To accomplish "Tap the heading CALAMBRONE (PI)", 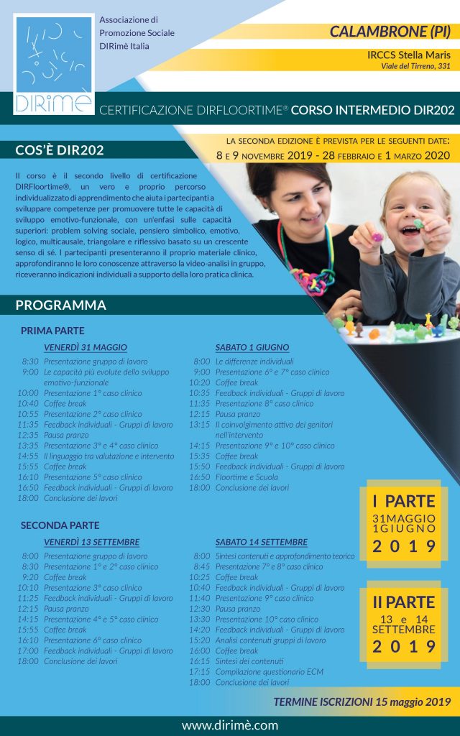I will tap(390, 32).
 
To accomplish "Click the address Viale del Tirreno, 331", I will tap(415, 66).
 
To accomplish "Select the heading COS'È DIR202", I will tap(60, 150).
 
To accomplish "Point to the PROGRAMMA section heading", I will tap(60, 305).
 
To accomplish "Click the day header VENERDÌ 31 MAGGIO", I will tap(86, 347).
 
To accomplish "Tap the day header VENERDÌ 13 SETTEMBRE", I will tap(91, 542).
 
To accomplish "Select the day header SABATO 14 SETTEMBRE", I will tap(261, 542).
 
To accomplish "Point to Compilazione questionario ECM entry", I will tap(270, 671).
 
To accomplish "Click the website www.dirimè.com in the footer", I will tap(230, 725).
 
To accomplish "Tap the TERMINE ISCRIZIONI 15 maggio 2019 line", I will tap(362, 701).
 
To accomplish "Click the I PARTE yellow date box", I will tap(404, 523).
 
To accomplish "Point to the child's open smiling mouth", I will tap(417, 224).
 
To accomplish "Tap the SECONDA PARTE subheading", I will tap(60, 525).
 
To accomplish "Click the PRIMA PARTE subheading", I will tap(52, 331).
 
